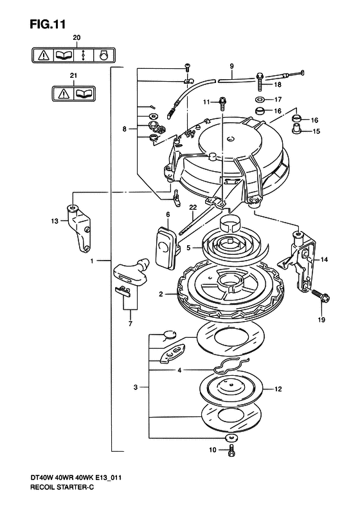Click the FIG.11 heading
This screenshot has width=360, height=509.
coord(48,24)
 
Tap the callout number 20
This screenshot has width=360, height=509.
coord(76,38)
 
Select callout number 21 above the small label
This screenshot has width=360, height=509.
coord(73,76)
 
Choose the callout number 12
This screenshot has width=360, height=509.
coord(278,389)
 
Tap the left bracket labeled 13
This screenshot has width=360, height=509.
coord(79,228)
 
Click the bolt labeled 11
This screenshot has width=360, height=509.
coord(222,104)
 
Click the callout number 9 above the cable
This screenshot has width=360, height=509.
coord(231,66)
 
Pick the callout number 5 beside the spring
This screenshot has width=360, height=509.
coord(188,248)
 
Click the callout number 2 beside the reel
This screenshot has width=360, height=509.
coord(161,294)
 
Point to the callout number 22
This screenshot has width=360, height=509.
coord(193,207)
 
